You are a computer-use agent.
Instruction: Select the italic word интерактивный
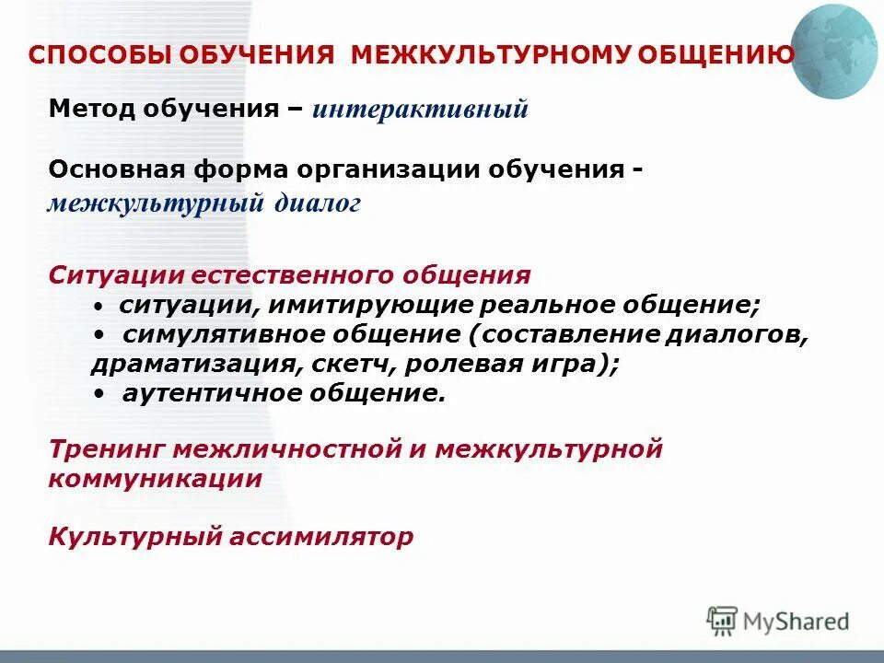point(420,110)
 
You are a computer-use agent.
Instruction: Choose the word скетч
point(346,365)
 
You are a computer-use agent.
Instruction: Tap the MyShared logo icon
point(723,621)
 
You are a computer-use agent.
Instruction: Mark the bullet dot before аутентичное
point(99,394)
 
